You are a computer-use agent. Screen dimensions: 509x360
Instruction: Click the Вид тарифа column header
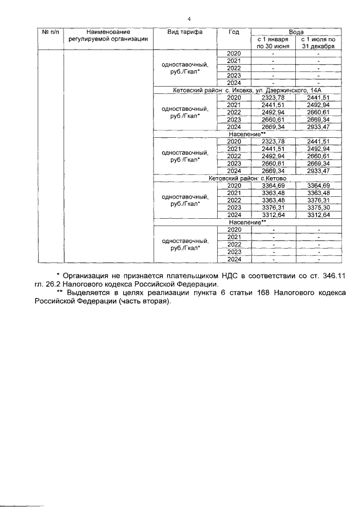click(184, 32)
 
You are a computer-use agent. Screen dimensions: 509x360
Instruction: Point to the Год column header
click(233, 32)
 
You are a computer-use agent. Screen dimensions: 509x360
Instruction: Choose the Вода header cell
click(296, 31)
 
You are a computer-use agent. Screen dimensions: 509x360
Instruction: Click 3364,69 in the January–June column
click(273, 186)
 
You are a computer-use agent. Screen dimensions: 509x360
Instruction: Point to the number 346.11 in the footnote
click(332, 276)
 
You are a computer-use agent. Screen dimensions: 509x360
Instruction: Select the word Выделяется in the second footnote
click(87, 293)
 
